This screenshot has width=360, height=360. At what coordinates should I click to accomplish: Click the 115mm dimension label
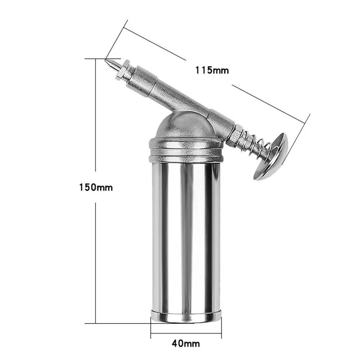coord(212,70)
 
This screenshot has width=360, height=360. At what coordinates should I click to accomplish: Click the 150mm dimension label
coord(96,187)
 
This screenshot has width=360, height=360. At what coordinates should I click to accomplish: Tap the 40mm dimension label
coord(186,343)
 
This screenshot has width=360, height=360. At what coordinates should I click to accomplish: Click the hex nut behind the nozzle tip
coord(123,70)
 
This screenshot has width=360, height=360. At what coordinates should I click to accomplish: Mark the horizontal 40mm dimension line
coord(186,333)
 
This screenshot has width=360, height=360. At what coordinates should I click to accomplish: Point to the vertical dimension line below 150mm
coord(95,263)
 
